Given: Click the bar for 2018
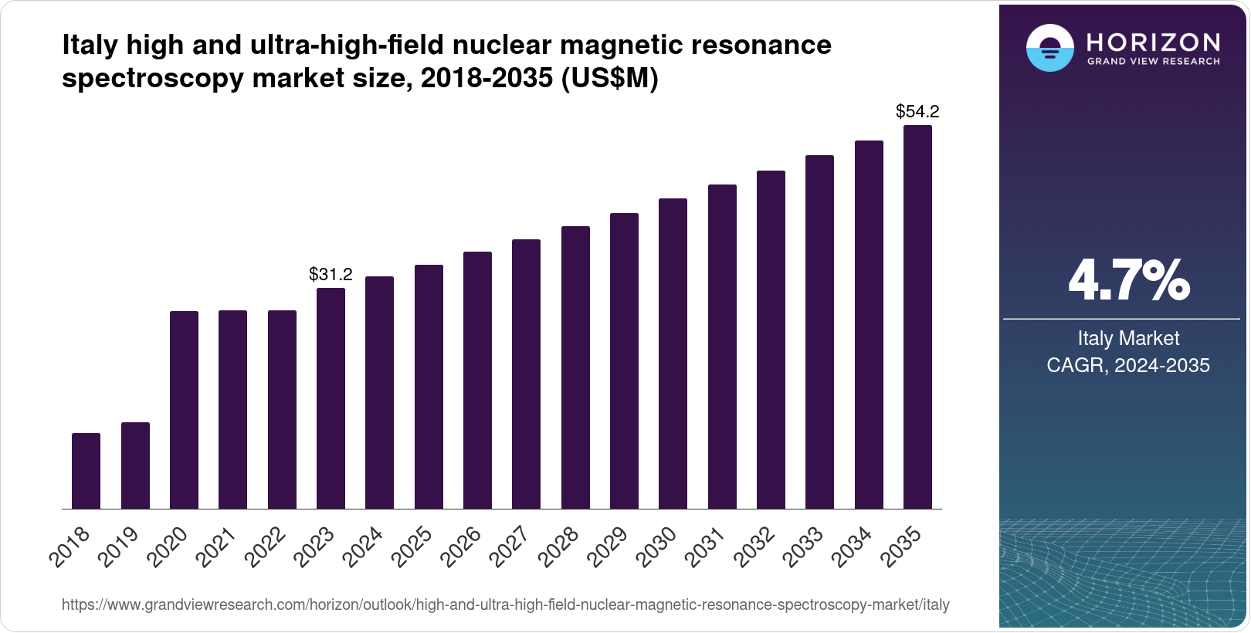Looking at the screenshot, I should click(x=86, y=471).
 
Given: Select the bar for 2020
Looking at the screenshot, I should click(x=184, y=410).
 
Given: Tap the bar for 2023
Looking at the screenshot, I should click(x=331, y=398).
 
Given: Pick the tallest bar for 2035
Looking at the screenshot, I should click(x=917, y=316).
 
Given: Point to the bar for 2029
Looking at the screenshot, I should click(x=624, y=361).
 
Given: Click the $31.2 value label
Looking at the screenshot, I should click(x=331, y=274).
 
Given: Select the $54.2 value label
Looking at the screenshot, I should click(x=917, y=111).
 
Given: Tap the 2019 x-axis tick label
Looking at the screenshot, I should click(x=120, y=546).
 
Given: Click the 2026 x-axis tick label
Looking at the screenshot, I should click(x=462, y=546).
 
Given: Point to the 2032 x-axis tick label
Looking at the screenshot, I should click(x=755, y=546).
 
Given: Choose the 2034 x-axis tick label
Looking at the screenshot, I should click(x=853, y=546).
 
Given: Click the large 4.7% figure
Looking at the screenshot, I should click(x=1128, y=281).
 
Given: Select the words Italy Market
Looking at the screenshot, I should click(x=1128, y=338).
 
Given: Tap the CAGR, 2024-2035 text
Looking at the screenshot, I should click(x=1128, y=365).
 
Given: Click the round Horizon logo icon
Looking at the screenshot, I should click(x=1049, y=48).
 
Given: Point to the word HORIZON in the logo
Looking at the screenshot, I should click(x=1154, y=42).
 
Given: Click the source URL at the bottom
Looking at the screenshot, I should click(x=505, y=604).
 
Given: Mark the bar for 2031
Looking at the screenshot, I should click(x=722, y=347).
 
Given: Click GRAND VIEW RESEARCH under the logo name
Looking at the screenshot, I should click(x=1154, y=61).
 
